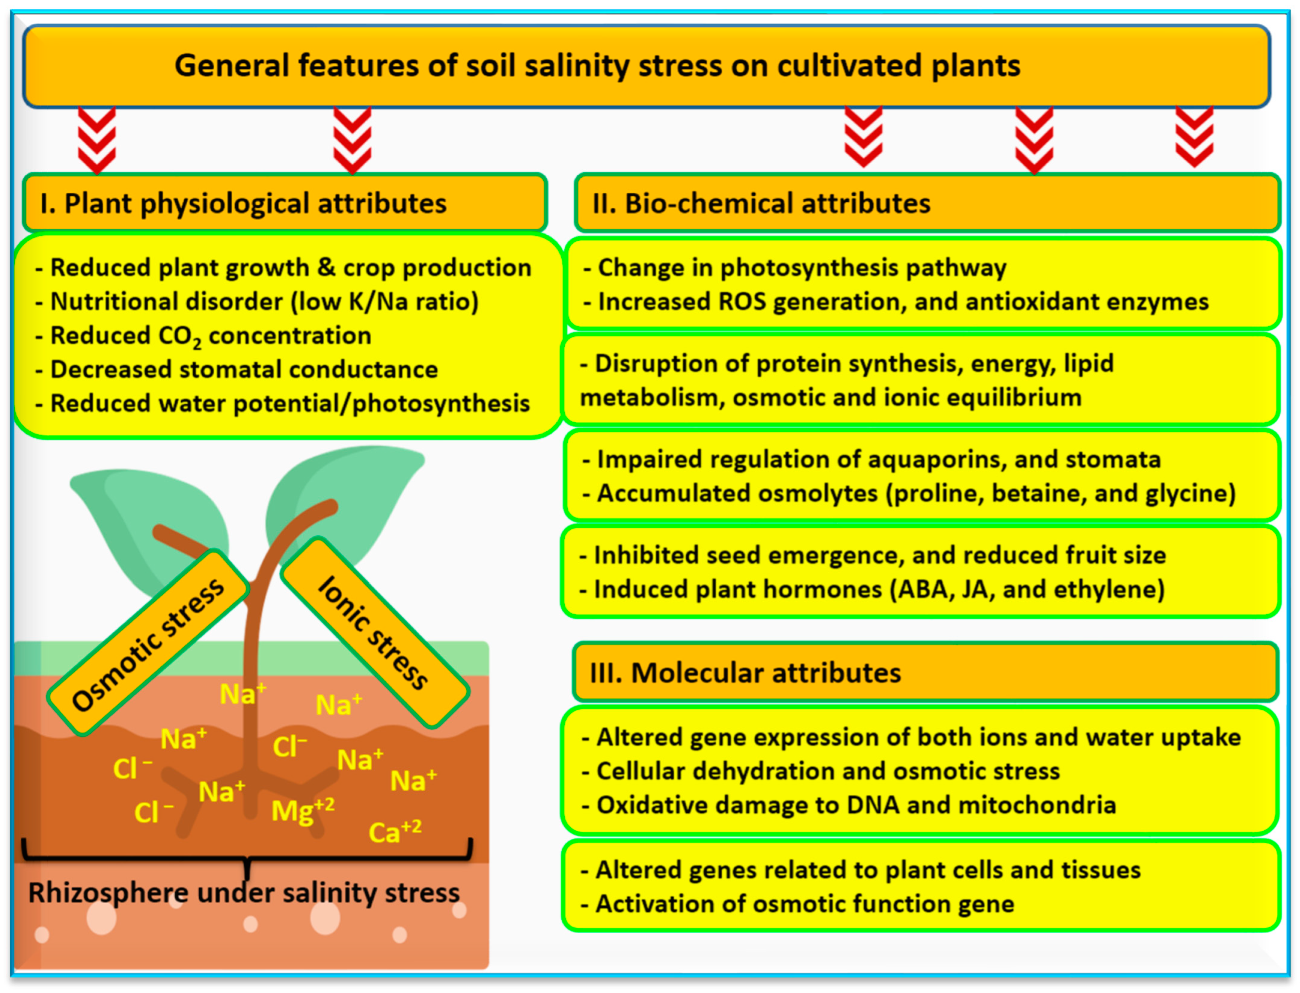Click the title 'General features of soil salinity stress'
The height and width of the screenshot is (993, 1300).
click(597, 65)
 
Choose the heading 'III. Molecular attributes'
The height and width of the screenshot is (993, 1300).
click(745, 673)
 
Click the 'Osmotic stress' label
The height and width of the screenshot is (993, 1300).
click(148, 644)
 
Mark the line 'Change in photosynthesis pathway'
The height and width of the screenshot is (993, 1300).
click(801, 268)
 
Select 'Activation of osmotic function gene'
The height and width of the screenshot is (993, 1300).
click(804, 904)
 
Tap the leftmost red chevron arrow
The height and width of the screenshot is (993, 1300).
click(97, 141)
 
